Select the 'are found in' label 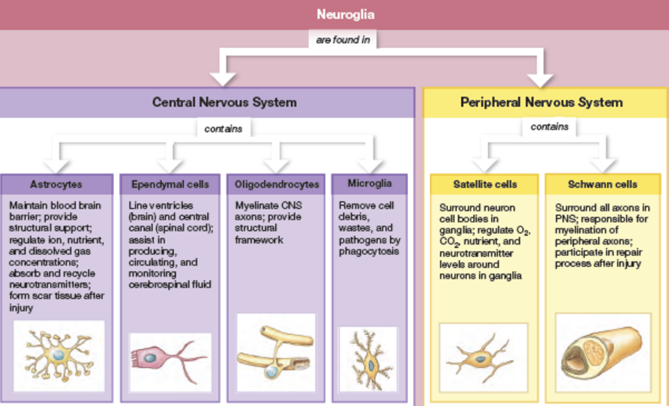point(343,40)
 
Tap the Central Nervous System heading point(224,102)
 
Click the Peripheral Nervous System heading point(541,102)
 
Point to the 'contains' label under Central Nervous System point(223,129)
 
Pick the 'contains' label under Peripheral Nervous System point(549,127)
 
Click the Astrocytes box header point(56,184)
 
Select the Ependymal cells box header point(170,184)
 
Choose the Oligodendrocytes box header point(276,184)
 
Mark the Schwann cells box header point(603,184)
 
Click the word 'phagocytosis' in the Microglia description point(369,251)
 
